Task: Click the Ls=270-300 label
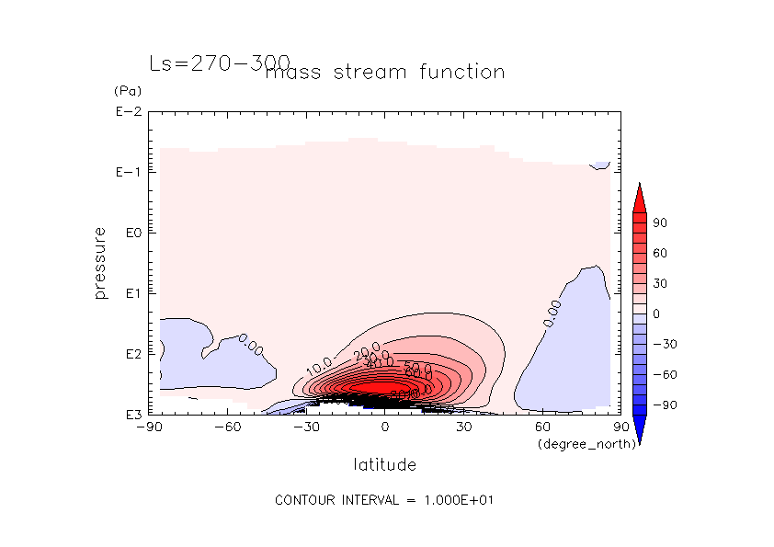[220, 64]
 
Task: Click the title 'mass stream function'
[384, 72]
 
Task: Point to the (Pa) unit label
[124, 92]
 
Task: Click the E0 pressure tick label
[130, 234]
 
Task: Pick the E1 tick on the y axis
[130, 293]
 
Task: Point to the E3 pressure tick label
[130, 415]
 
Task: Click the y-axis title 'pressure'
[100, 263]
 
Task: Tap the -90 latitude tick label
[149, 427]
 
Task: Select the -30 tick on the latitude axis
[306, 427]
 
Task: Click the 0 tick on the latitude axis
[385, 427]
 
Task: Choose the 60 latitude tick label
[542, 427]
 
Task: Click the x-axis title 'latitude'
[384, 464]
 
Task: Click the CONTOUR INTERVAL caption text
[386, 500]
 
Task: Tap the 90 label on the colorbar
[660, 223]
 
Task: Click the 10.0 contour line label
[319, 367]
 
